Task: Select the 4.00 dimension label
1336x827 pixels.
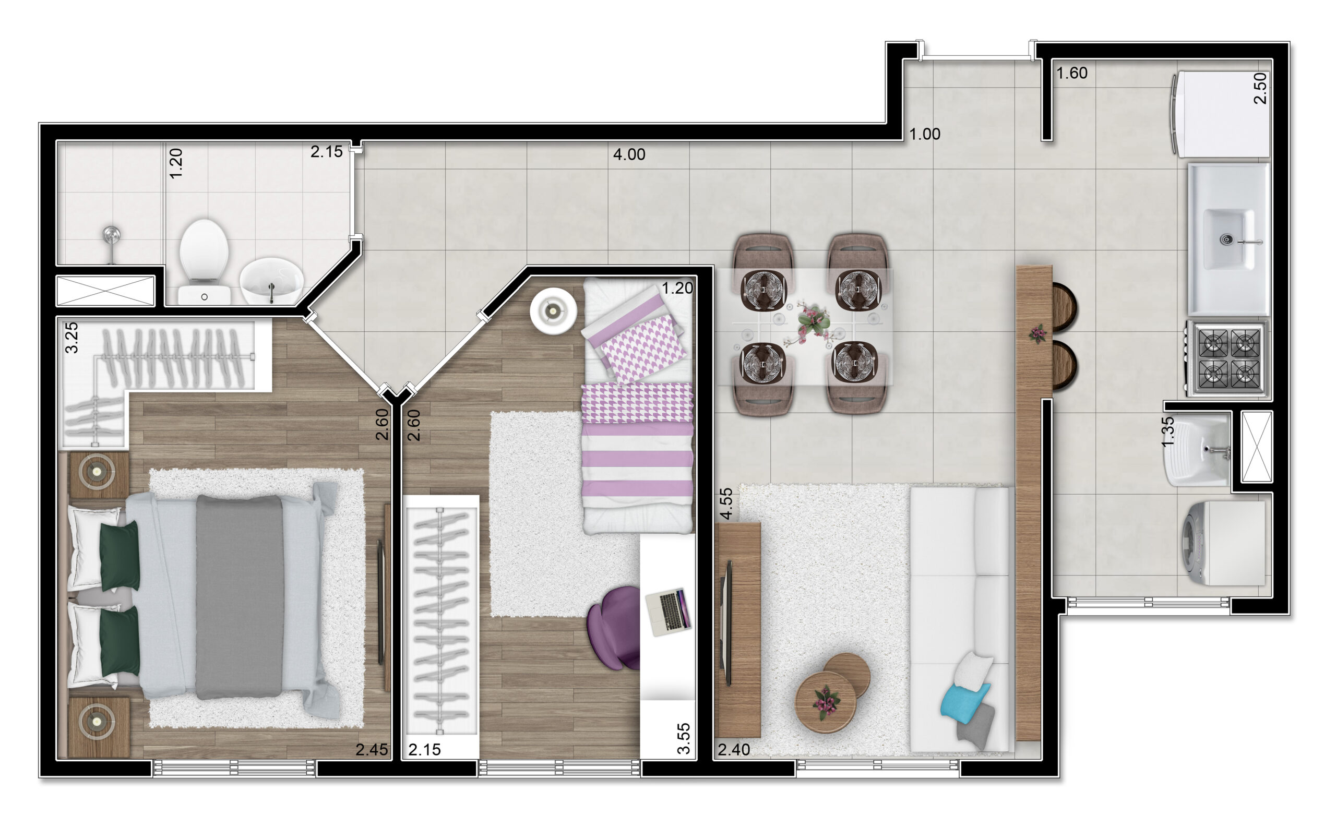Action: (x=629, y=154)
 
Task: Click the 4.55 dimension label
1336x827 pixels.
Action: (x=725, y=503)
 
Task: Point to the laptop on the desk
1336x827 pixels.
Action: (x=668, y=612)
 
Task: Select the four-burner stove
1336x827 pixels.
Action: (x=1227, y=358)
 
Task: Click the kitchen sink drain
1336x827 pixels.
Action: (x=1227, y=239)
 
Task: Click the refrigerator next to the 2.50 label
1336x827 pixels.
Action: (x=1221, y=114)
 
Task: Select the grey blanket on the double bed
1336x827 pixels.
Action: (x=239, y=597)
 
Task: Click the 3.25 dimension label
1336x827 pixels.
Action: (x=71, y=338)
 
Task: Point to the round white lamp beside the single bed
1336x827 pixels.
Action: (x=553, y=310)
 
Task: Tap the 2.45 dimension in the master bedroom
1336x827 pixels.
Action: (x=372, y=749)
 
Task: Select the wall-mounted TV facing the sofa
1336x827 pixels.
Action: (x=727, y=623)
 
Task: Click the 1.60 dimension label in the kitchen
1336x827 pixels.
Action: (x=1071, y=73)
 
